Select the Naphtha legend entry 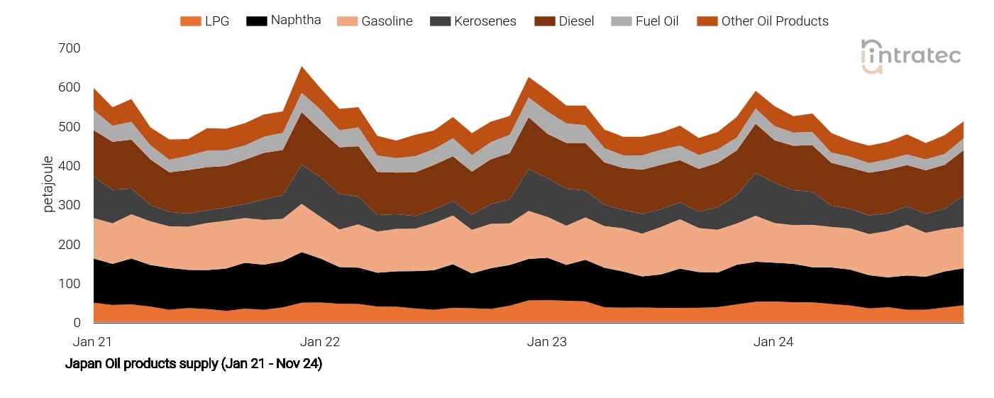coord(284,21)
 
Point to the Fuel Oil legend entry coord(645,21)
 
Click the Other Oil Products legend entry coord(763,21)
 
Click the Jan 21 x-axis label coord(93,342)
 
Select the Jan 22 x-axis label coord(320,342)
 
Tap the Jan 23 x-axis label coord(547,342)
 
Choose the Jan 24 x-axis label coord(774,342)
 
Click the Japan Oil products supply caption coord(194,365)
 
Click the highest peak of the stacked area coord(303,67)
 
